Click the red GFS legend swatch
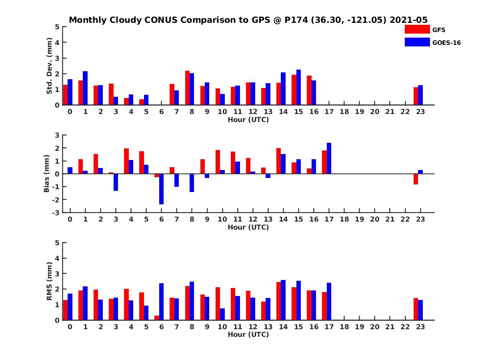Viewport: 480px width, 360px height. pos(417,29)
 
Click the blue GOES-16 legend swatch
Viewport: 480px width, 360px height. pos(417,42)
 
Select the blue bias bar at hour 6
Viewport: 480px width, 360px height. pos(161,189)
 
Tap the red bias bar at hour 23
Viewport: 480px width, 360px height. pos(416,179)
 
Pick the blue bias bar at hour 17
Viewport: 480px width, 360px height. pos(329,158)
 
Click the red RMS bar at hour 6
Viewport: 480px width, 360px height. pos(157,318)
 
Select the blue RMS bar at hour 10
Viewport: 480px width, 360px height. pos(222,314)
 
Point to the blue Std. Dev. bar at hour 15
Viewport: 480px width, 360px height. pos(298,87)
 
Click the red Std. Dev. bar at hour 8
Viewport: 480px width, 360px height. pos(187,88)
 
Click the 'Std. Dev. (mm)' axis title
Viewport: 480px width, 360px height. pos(49,66)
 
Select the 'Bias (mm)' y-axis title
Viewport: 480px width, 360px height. pos(47,174)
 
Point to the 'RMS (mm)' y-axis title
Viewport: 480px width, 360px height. pos(49,281)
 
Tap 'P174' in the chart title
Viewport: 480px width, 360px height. pos(295,20)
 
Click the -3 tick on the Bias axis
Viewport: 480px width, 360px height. pos(56,212)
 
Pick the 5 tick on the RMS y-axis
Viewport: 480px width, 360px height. pos(58,243)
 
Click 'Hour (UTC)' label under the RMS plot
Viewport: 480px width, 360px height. pos(248,334)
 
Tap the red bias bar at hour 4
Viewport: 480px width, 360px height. pos(126,161)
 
